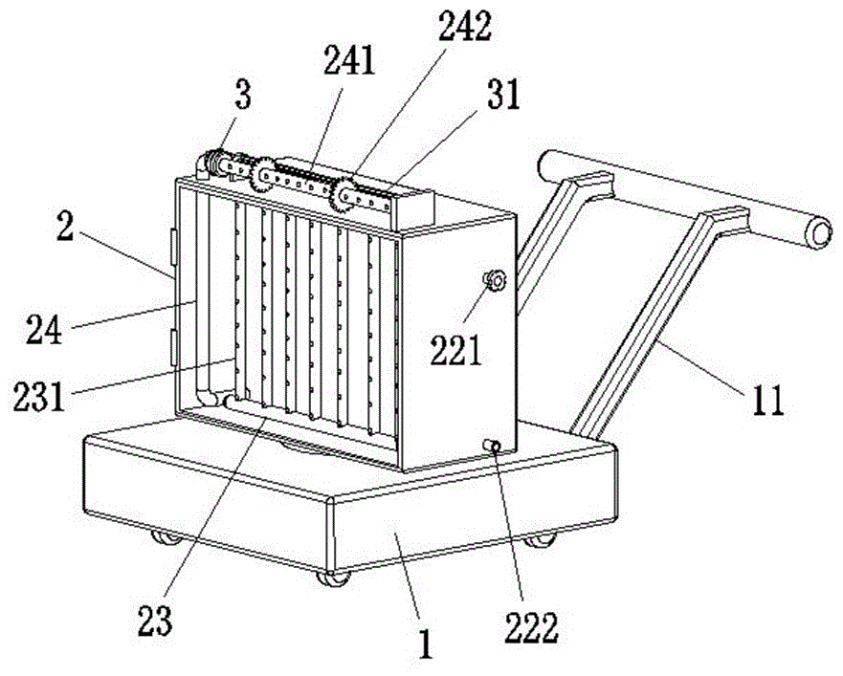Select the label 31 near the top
[500, 98]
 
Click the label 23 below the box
[157, 621]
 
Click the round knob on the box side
[495, 281]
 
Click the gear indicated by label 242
[344, 195]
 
